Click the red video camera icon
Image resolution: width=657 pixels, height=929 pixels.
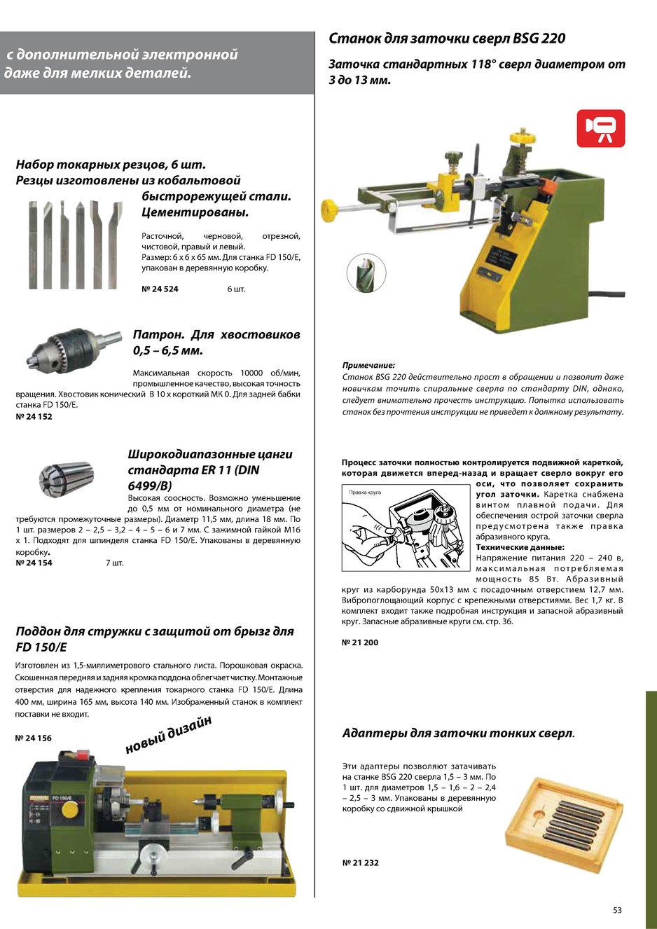600,128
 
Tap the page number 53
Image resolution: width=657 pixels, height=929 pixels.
617,910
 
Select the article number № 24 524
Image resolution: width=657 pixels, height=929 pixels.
160,289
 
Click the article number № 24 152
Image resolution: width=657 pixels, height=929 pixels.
34,417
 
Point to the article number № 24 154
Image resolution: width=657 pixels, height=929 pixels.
34,563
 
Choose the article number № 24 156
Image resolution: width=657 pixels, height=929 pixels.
34,738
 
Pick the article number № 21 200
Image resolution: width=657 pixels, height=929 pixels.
360,642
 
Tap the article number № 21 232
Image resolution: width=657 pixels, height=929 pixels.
360,862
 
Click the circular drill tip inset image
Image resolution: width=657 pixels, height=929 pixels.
366,273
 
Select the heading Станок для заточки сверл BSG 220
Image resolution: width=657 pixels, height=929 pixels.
447,39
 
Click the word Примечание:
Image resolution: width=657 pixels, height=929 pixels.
368,365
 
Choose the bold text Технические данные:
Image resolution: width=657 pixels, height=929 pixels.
520,547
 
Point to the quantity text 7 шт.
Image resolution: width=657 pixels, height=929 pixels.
114,563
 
